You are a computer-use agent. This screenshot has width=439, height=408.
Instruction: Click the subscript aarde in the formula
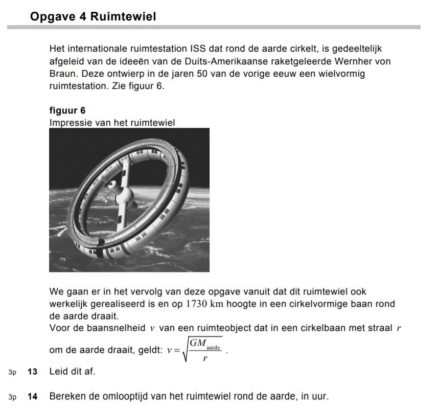tap(213, 348)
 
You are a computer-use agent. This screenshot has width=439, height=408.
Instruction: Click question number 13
tap(33, 372)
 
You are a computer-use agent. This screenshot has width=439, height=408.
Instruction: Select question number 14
tap(33, 396)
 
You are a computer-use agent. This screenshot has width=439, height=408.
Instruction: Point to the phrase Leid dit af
tap(72, 372)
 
